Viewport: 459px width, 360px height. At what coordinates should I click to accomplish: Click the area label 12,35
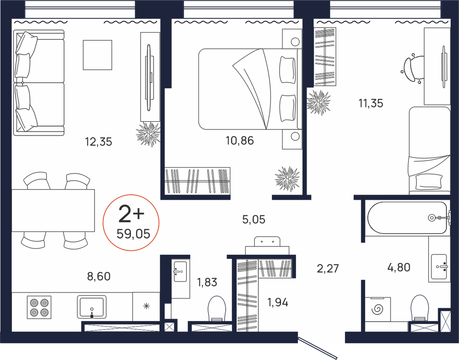coord(99,142)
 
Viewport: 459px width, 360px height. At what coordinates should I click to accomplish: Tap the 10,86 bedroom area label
coord(240,141)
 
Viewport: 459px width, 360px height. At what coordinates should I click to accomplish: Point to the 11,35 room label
coord(371,103)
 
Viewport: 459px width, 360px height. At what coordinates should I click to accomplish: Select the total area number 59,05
coord(133,234)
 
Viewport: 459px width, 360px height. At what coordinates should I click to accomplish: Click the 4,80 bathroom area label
coord(398,267)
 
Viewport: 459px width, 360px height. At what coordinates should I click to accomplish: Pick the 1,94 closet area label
coord(278,302)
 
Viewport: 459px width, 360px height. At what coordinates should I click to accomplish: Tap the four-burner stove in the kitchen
coord(39,307)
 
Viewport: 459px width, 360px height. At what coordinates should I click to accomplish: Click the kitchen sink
coord(92,307)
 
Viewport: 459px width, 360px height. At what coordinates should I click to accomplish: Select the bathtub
coord(407,217)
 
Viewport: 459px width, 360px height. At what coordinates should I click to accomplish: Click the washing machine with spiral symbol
coord(378,309)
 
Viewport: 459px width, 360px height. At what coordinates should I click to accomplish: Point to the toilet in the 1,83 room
coord(217,309)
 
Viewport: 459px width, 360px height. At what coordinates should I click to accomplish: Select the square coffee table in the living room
coord(97,55)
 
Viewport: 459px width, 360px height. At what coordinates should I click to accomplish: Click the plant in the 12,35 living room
coord(149,134)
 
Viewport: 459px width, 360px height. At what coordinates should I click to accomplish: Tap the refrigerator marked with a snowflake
coord(146,307)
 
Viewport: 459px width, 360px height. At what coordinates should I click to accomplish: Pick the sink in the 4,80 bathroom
coord(439,267)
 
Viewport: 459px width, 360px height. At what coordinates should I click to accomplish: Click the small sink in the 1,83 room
coord(180,271)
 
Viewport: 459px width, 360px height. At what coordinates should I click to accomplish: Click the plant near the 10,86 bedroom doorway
coord(287,179)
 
